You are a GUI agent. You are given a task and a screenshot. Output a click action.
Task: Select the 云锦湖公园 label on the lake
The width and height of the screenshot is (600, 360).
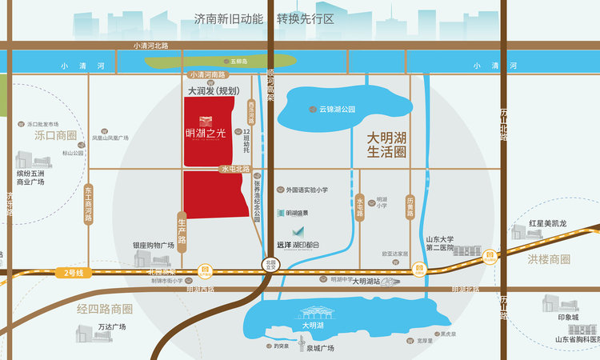click(x=336, y=109)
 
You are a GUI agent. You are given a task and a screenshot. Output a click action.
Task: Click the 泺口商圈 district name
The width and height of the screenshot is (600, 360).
click(x=56, y=136)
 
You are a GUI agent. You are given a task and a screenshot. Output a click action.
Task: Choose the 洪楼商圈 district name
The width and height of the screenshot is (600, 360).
click(x=549, y=259)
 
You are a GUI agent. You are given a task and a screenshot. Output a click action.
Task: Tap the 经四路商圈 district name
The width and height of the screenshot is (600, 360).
click(x=105, y=309)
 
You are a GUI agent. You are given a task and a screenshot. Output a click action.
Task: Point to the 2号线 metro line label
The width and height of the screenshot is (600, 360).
click(x=74, y=274)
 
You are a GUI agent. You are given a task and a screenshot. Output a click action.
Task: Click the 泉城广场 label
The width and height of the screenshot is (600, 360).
click(x=319, y=349)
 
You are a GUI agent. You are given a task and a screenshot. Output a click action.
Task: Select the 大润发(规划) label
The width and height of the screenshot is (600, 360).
click(x=209, y=92)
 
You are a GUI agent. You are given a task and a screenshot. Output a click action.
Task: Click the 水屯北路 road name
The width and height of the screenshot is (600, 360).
click(x=236, y=170)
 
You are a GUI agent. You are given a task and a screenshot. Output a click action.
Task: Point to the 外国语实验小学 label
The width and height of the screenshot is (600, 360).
click(x=307, y=190)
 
